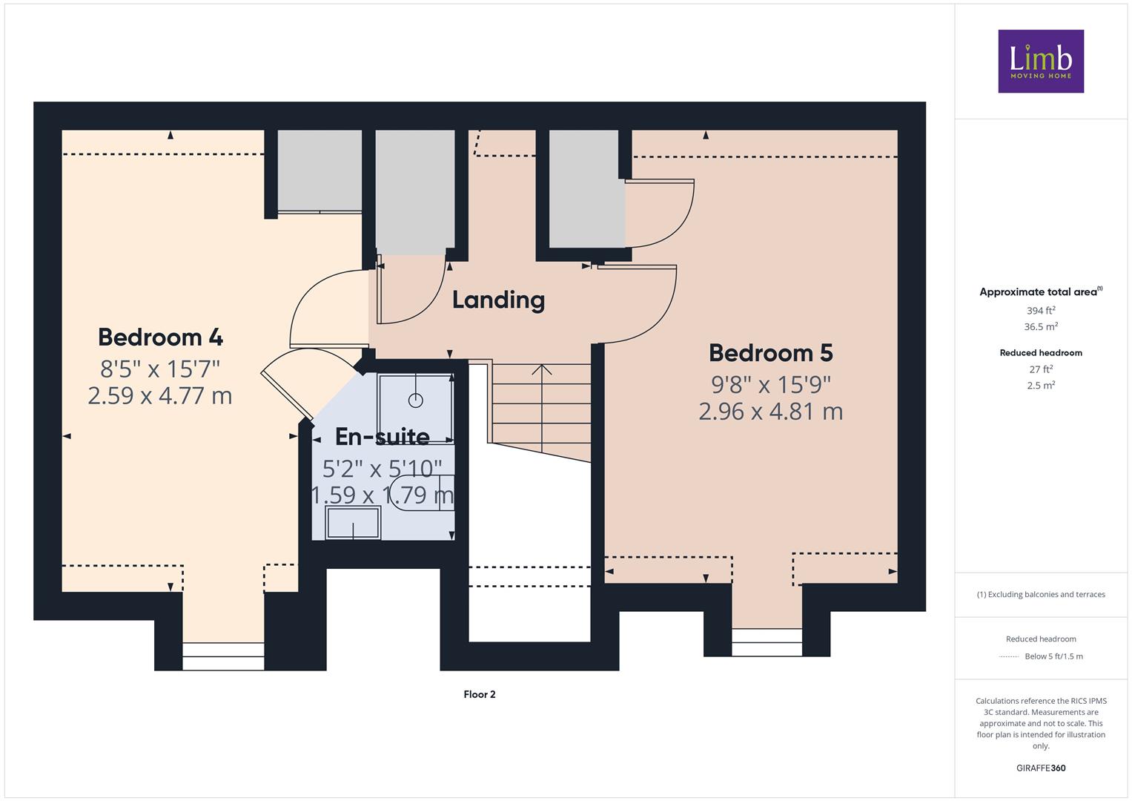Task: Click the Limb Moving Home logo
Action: pos(1041,61)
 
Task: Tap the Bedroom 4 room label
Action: pos(160,337)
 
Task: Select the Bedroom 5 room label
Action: pos(771,353)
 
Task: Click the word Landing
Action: pos(498,300)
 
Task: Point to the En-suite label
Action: pos(383,436)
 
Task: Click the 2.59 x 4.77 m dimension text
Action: pos(160,396)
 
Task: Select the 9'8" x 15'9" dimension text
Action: pos(771,385)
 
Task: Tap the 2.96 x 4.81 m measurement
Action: pos(771,412)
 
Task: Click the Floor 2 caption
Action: pos(480,694)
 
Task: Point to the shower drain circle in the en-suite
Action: pos(415,400)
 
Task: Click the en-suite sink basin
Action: pos(353,523)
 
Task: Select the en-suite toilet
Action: pos(423,493)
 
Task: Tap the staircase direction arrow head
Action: pos(542,369)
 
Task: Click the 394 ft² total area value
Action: pos(1041,311)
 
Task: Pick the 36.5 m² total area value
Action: pos(1041,326)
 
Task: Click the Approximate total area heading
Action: pos(1041,291)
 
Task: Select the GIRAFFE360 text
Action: pos(1041,768)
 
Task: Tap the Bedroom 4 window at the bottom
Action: pos(223,656)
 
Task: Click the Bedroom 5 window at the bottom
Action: pos(767,642)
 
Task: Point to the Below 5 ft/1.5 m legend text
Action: pos(1053,656)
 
